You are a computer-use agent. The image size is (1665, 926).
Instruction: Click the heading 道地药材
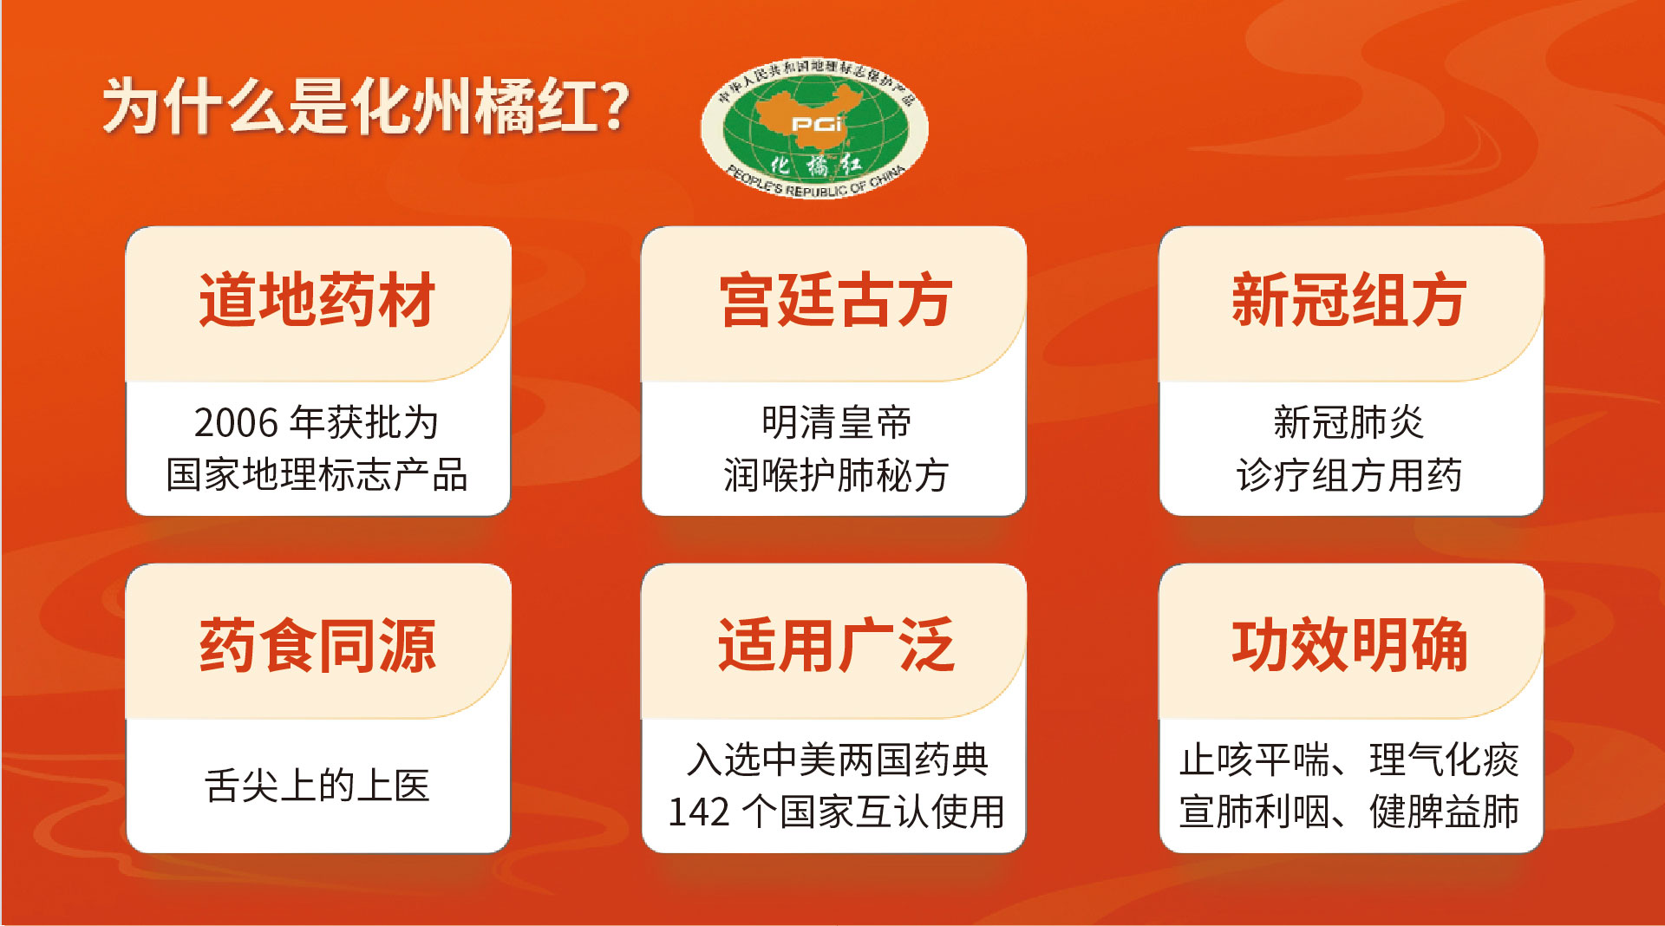(317, 300)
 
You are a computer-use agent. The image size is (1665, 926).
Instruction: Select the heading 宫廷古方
(835, 300)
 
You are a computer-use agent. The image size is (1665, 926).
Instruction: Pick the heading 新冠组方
(1349, 300)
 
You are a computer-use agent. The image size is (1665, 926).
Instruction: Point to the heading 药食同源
(317, 646)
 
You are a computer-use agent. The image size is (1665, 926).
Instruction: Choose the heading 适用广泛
(835, 646)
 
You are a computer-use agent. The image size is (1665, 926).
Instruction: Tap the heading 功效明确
(1349, 646)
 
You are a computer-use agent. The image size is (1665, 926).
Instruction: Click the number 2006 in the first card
(236, 423)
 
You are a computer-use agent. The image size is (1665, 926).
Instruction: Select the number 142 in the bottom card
(698, 812)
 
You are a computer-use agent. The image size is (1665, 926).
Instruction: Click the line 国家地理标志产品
(317, 475)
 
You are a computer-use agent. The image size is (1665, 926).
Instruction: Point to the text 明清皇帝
(836, 423)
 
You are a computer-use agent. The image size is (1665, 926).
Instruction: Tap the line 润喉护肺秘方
(836, 475)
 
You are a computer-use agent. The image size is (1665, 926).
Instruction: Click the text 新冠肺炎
(1349, 423)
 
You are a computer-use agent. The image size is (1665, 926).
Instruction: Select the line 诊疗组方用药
(1349, 475)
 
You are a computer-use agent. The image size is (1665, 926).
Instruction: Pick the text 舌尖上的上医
(317, 786)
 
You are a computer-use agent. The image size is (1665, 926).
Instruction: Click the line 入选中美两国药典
(836, 760)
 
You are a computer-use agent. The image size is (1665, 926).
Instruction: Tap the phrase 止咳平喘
(1254, 760)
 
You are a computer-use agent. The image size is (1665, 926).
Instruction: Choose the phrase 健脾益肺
(1444, 812)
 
